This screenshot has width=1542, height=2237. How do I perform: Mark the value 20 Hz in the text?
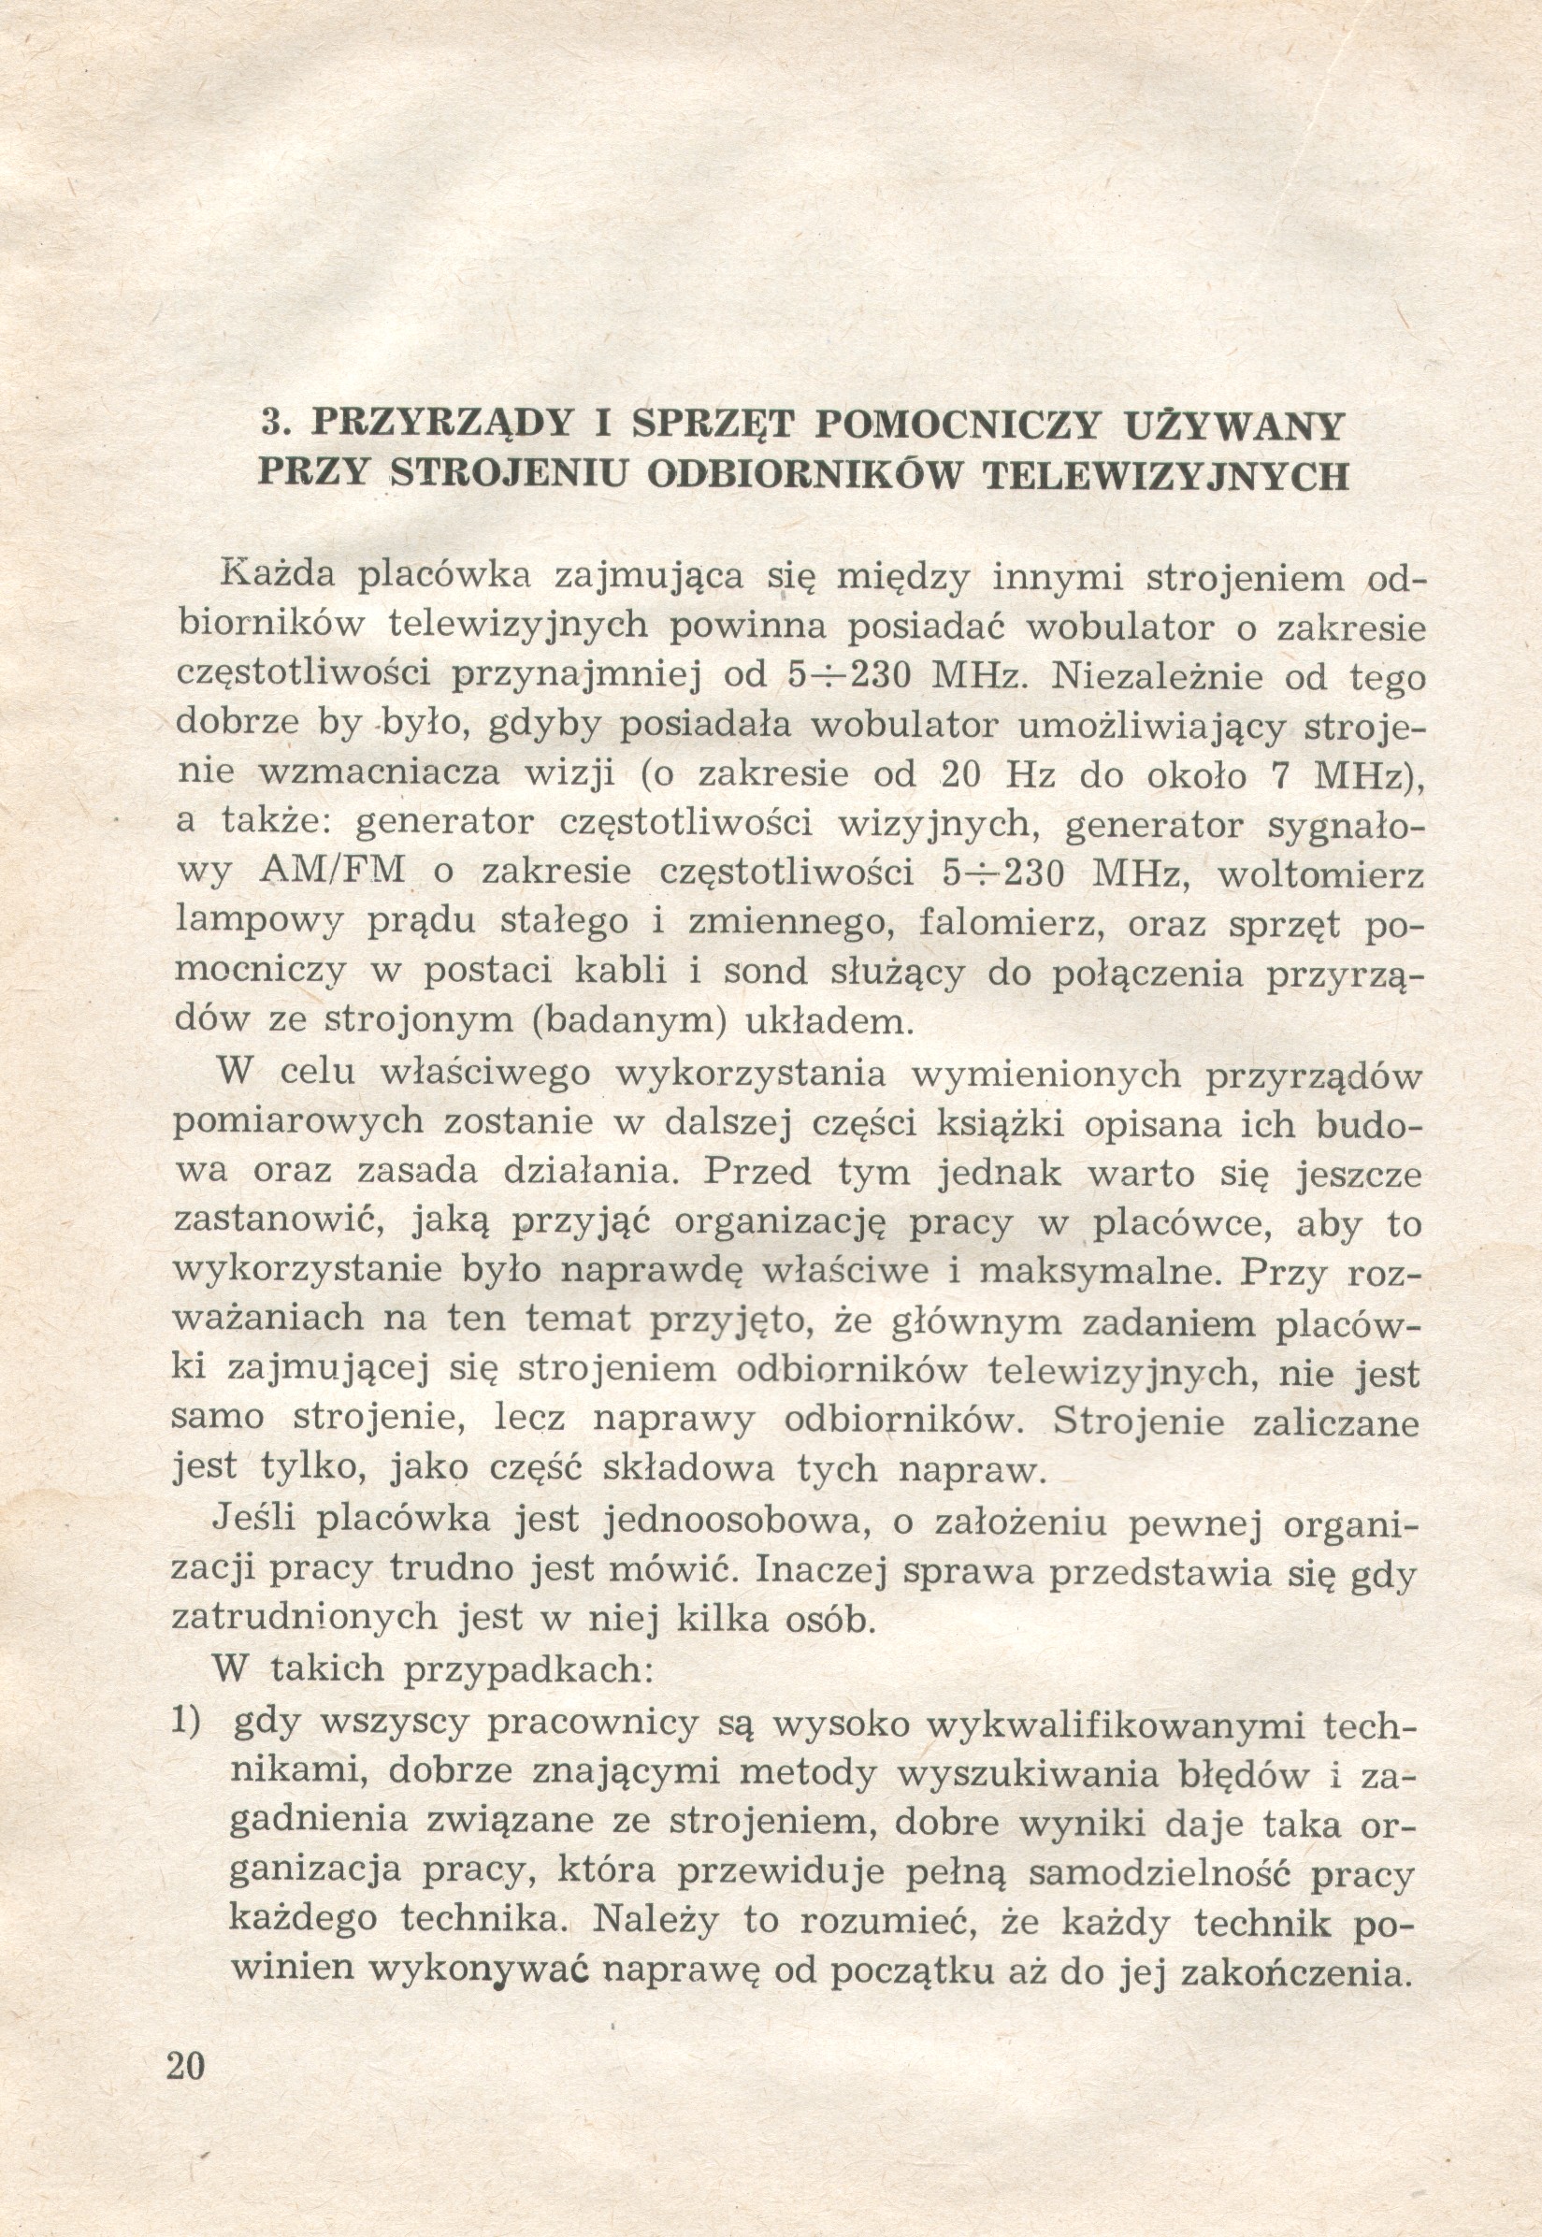click(x=1004, y=774)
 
